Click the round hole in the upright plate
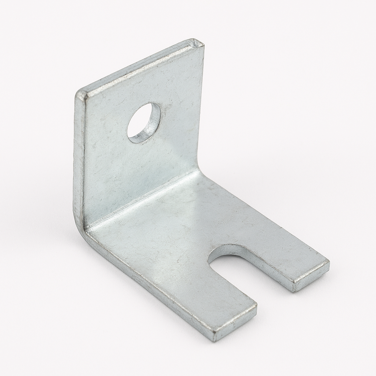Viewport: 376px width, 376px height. (x=143, y=123)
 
